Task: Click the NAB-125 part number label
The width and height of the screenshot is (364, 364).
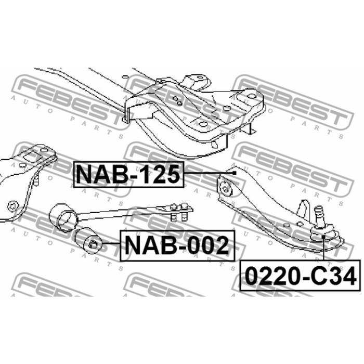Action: (x=128, y=174)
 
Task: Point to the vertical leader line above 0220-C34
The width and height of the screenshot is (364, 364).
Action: (x=323, y=249)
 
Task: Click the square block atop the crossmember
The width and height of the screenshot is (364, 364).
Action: (x=198, y=82)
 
